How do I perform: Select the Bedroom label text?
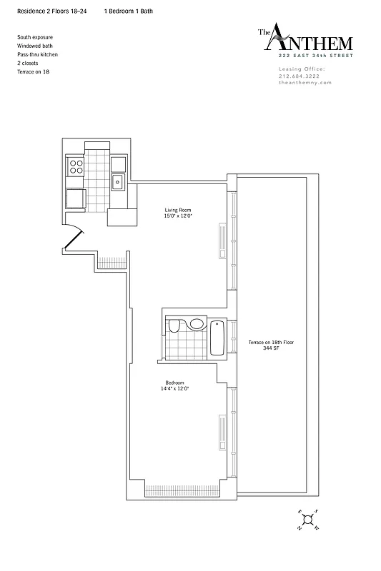[174, 383]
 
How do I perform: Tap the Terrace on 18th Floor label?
[271, 343]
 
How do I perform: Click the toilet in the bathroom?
[174, 327]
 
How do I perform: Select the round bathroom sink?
[197, 324]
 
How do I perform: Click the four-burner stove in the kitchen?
[75, 167]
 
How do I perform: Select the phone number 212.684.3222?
[301, 76]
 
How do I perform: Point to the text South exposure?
[35, 36]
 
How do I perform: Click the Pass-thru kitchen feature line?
[38, 54]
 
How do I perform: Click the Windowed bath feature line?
[34, 45]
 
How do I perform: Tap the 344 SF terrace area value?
[271, 349]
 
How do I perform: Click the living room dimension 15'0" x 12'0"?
[178, 216]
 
